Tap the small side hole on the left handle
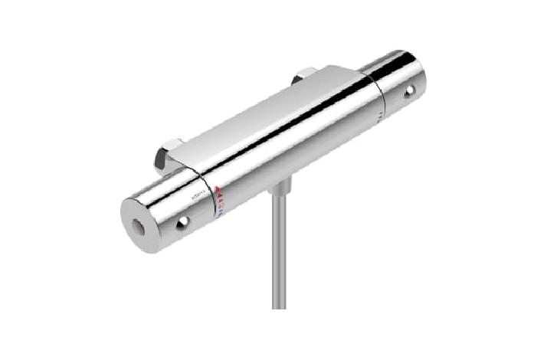pyautogui.click(x=182, y=222)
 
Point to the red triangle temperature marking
pyautogui.click(x=218, y=192)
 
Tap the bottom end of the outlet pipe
pyautogui.click(x=279, y=305)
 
